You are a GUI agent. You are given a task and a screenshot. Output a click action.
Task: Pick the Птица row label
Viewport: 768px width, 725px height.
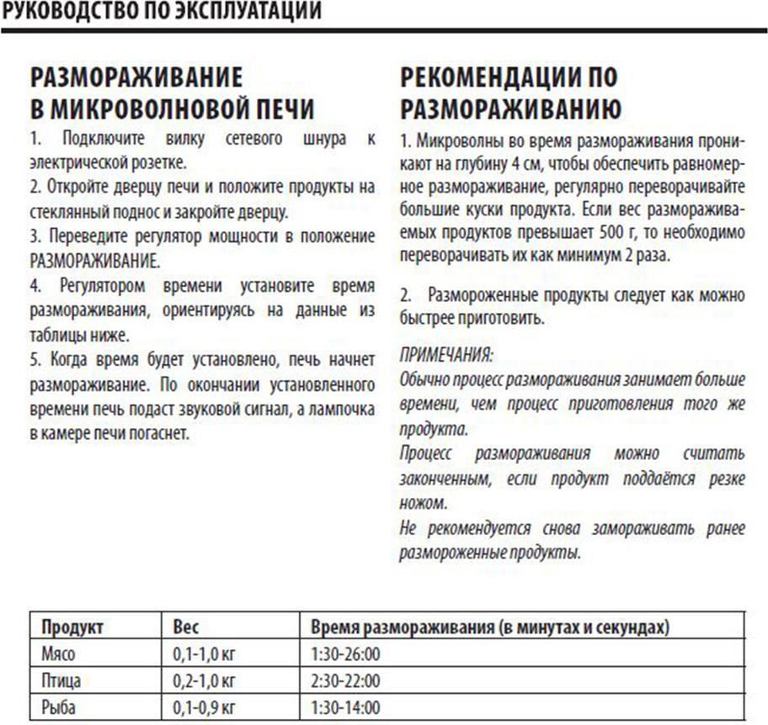61,680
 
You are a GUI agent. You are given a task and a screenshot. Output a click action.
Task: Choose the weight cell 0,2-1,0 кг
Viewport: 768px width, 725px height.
203,680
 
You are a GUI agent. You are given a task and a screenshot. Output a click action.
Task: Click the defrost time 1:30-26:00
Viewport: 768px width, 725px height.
346,654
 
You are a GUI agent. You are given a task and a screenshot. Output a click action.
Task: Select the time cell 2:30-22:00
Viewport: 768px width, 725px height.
346,680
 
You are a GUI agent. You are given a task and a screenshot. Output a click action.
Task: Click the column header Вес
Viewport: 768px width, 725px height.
186,627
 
